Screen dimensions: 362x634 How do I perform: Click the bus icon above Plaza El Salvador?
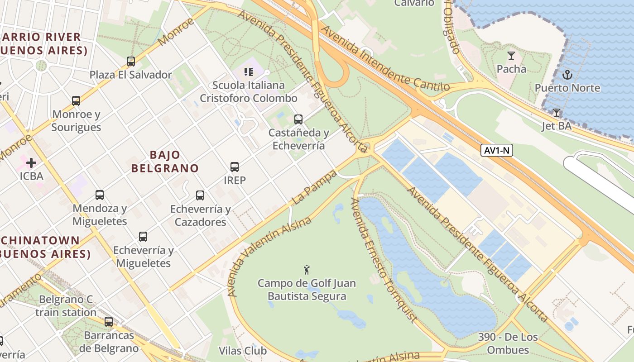point(131,61)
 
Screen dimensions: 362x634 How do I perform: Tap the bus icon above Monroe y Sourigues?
point(76,100)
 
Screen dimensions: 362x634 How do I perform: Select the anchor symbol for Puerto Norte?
point(567,74)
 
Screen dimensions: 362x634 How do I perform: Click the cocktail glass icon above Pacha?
point(511,56)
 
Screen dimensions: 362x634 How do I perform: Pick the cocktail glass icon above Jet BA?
point(557,112)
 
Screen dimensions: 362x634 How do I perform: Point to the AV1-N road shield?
point(497,150)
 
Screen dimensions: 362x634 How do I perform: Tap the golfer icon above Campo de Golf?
point(307,270)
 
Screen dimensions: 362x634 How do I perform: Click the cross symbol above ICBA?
point(31,162)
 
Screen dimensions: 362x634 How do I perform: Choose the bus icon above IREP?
point(235,167)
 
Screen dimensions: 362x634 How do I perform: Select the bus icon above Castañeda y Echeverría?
point(298,119)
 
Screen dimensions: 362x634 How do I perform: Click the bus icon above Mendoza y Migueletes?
point(100,195)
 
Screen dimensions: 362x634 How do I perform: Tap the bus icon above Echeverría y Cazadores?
point(200,195)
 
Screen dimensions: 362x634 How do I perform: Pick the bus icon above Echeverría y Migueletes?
point(143,237)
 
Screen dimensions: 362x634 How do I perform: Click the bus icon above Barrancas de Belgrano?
point(109,322)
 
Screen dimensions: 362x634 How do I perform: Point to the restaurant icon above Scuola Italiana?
point(248,71)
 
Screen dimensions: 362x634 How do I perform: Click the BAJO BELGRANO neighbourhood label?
point(165,162)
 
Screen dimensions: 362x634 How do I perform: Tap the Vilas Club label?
point(243,351)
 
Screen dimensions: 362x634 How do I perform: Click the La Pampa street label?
point(315,187)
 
